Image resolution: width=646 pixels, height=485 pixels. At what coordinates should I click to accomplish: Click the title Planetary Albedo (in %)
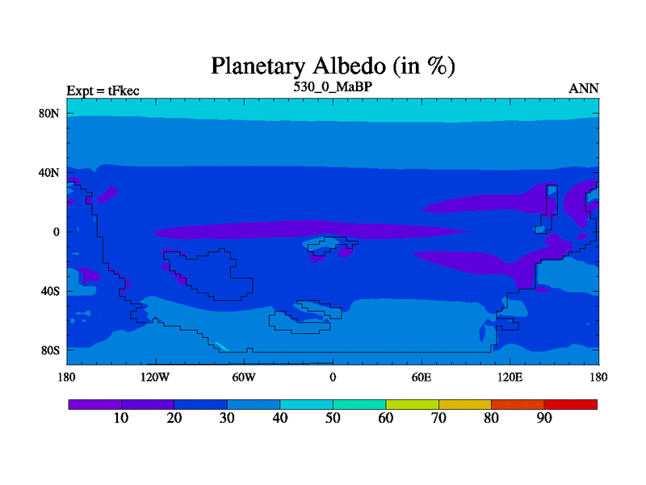(333, 66)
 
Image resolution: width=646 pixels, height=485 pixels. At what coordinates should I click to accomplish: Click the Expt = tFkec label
(103, 91)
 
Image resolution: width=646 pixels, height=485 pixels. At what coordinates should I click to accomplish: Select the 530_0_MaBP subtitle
(333, 87)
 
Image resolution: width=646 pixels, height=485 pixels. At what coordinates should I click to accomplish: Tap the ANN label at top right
(583, 89)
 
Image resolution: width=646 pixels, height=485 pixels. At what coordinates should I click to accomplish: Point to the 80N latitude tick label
(49, 113)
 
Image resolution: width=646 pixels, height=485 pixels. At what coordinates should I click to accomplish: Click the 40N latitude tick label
(49, 172)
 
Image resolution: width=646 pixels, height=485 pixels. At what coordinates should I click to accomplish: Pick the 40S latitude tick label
(50, 291)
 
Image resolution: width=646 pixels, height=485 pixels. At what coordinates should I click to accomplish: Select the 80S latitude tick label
(50, 351)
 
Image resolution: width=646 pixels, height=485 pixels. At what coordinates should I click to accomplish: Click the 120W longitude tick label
(155, 377)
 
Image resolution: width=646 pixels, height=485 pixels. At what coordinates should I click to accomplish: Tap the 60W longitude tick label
(244, 377)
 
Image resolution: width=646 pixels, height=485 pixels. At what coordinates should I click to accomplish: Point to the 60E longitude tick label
(422, 377)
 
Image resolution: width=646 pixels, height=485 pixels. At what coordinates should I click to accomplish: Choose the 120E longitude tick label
(510, 377)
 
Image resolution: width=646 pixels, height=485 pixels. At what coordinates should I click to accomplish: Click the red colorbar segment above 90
(571, 405)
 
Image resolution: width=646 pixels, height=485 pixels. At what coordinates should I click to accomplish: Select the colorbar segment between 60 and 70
(412, 405)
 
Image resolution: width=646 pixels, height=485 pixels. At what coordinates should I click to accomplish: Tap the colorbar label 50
(333, 418)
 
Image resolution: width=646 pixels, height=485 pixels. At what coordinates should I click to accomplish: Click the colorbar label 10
(121, 418)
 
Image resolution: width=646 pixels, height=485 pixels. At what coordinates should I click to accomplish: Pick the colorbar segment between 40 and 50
(307, 405)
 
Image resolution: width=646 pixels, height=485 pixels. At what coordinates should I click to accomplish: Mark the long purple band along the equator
(311, 230)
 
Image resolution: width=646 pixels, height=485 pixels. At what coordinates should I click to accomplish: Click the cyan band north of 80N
(333, 109)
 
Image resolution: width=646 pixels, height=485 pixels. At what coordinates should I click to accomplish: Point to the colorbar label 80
(492, 418)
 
